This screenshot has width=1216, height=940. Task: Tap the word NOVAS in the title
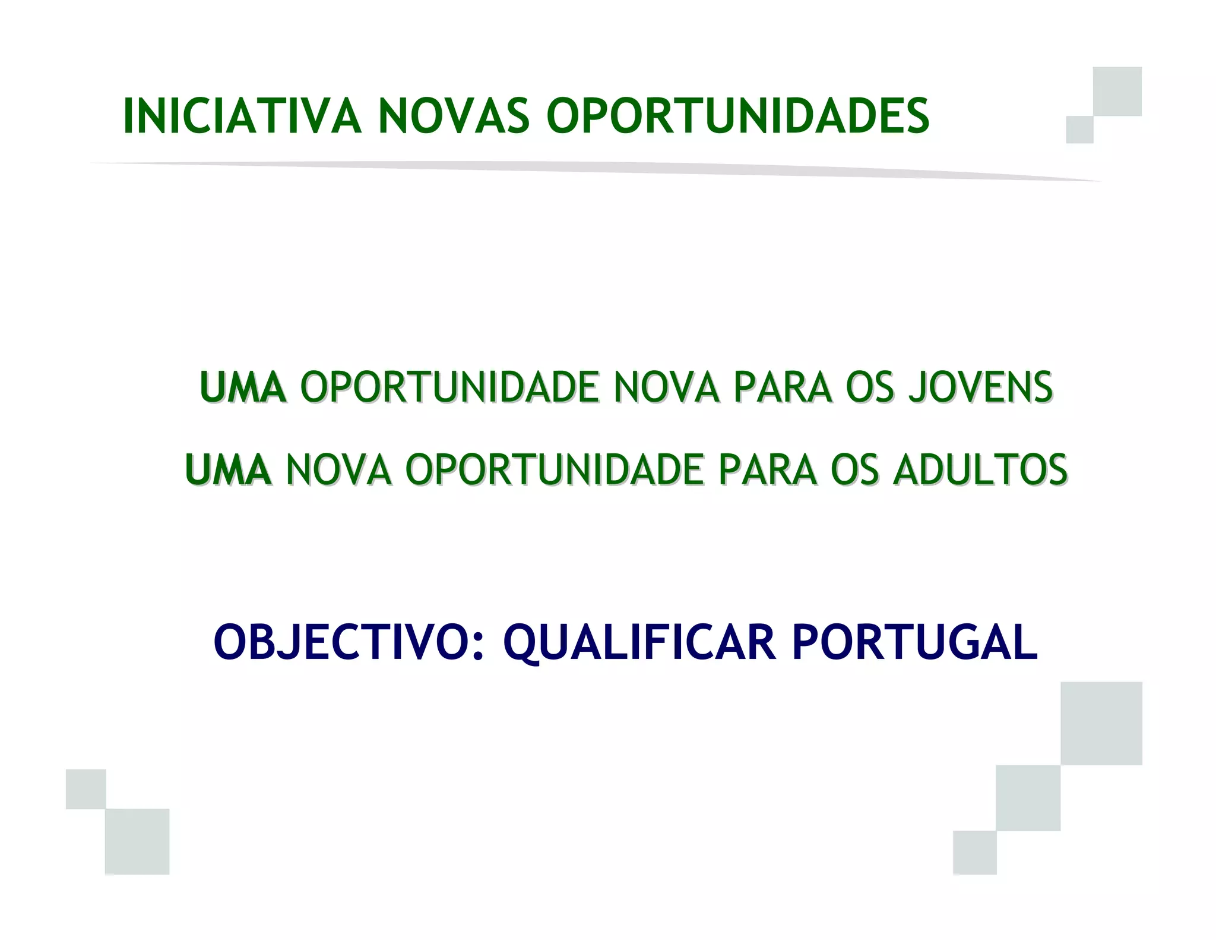coord(454,116)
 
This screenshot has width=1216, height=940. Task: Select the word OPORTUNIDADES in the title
coord(737,116)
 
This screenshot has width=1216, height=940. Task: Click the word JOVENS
coord(980,388)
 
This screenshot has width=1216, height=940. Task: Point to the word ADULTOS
coord(980,470)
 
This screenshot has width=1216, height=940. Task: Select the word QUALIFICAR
coord(639,642)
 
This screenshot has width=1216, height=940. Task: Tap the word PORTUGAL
coord(915,642)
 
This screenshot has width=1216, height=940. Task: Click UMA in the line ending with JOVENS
coord(243,388)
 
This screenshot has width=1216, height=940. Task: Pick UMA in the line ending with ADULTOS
coord(228,470)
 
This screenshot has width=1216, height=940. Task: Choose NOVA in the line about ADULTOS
coord(338,470)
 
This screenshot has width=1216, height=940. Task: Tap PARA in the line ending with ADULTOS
coord(767,470)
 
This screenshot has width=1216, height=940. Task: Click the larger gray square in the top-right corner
coord(1117,91)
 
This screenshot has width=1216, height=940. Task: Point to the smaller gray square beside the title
coord(1079,130)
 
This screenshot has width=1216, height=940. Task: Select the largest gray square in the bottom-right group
coord(1101,723)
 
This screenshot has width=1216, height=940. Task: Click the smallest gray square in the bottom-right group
coord(974,853)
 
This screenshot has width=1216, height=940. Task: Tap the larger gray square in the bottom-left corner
coord(137,841)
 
